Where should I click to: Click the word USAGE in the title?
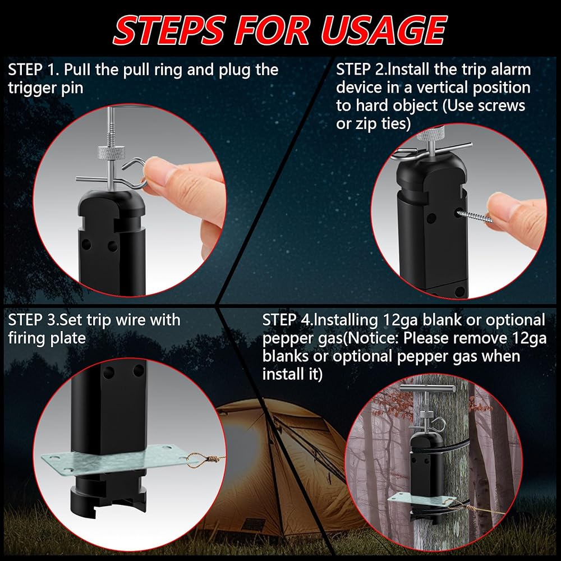coord(384,30)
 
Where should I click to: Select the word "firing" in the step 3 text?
coord(26,339)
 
